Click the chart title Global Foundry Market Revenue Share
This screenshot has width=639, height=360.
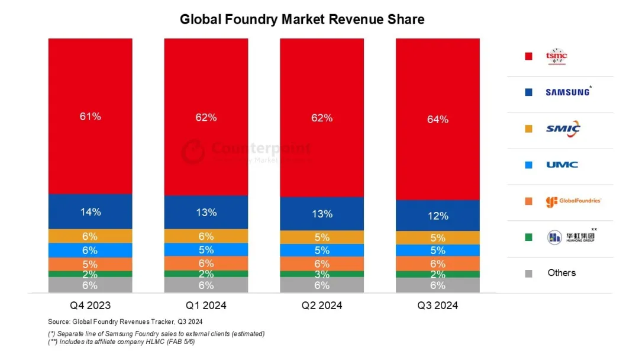point(302,20)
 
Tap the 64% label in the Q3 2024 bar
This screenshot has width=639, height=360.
point(437,120)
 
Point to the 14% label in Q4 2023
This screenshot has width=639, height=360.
point(91,211)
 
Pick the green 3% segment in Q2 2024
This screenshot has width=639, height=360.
point(322,274)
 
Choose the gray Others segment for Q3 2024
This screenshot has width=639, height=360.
point(437,285)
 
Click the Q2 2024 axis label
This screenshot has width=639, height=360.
point(322,306)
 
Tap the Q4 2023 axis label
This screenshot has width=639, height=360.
point(91,306)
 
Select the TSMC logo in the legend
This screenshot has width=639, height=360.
point(556,57)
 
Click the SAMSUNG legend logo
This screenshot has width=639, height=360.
point(567,92)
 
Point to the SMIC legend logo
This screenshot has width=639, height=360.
point(563,128)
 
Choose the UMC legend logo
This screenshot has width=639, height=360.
point(562,165)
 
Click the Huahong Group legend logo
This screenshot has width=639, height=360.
point(570,237)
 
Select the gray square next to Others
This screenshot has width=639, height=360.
point(528,273)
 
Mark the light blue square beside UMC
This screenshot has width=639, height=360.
point(528,165)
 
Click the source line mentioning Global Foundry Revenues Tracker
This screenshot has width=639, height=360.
point(125,322)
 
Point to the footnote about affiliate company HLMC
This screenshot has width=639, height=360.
point(121,342)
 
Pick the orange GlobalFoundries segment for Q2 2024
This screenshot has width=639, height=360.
point(322,263)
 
